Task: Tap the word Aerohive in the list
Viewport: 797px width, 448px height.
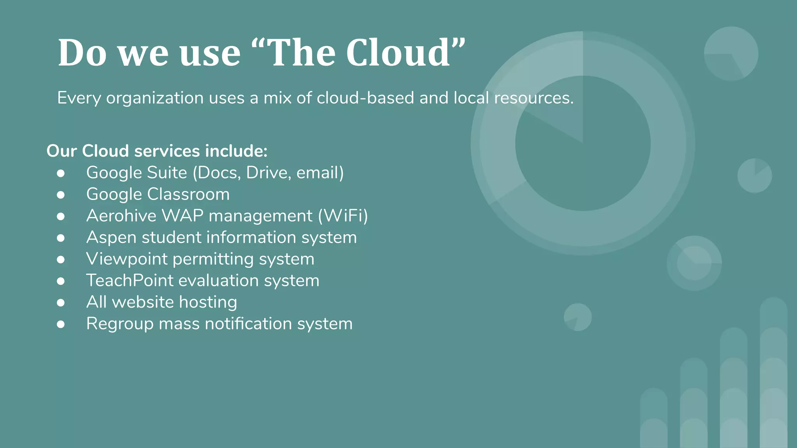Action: coord(121,216)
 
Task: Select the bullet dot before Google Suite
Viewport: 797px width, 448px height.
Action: coord(61,173)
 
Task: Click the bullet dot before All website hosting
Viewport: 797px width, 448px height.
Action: coord(61,303)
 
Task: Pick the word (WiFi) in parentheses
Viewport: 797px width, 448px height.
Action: coord(343,216)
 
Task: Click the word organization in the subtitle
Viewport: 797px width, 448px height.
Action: coord(155,98)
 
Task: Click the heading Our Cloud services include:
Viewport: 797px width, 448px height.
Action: coord(157,151)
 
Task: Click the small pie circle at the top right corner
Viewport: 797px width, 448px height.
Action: coord(731,54)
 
